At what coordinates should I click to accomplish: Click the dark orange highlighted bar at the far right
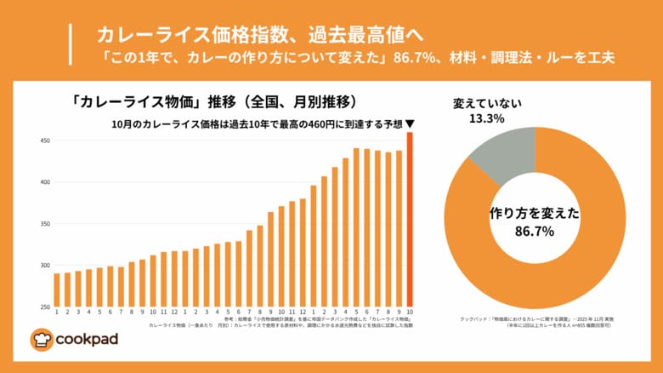click(410, 220)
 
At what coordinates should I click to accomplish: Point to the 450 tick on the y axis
click(44, 141)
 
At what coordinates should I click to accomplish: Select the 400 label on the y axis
click(44, 182)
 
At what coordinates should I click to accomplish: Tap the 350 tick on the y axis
click(44, 224)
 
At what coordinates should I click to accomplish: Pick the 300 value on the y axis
click(44, 266)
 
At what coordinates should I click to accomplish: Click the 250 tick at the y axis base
click(44, 307)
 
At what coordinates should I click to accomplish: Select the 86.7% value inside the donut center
click(535, 231)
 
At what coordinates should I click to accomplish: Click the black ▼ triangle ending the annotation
click(411, 124)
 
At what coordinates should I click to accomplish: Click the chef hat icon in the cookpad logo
click(42, 340)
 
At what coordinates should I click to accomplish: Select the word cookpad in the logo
click(87, 340)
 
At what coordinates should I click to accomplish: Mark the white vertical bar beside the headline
click(70, 45)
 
